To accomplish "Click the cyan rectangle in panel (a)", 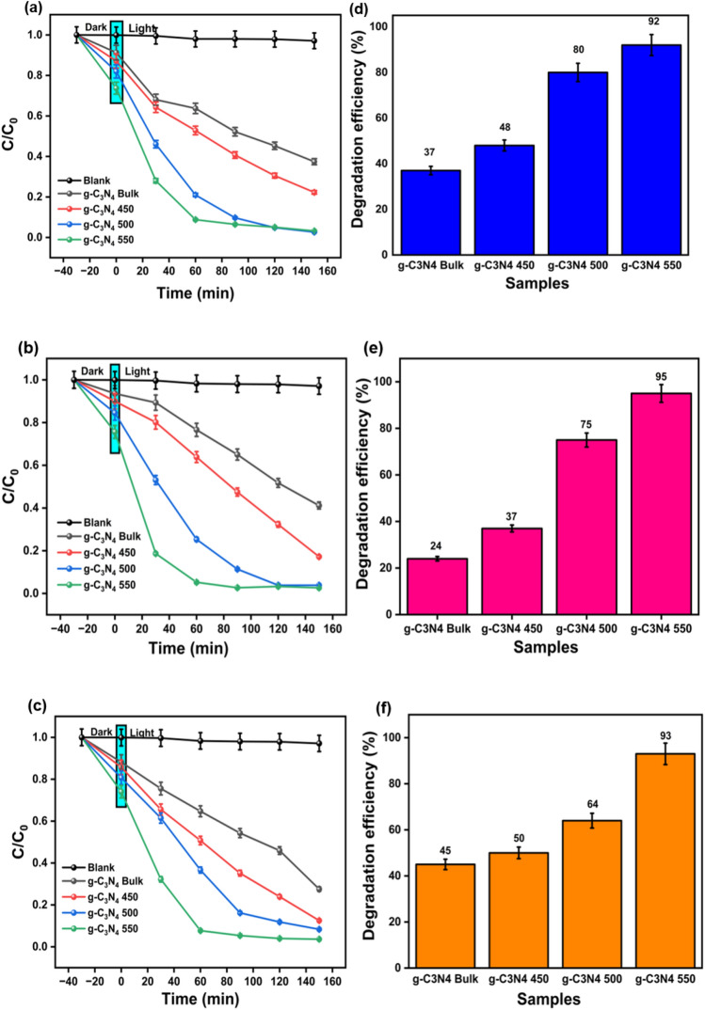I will click(x=117, y=62).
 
